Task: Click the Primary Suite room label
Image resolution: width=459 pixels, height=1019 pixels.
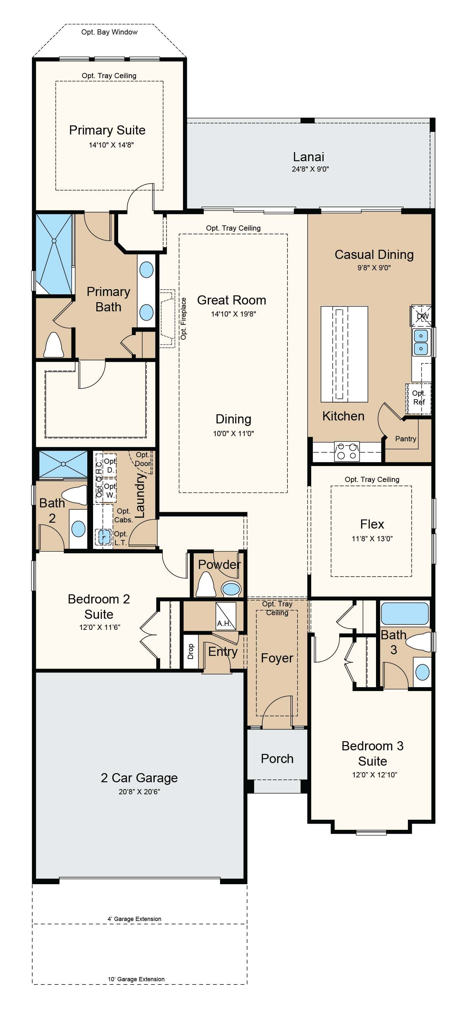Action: pos(107,130)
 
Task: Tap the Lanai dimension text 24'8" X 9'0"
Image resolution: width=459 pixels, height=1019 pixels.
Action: pos(310,169)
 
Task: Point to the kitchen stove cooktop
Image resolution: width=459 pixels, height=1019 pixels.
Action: pos(347,451)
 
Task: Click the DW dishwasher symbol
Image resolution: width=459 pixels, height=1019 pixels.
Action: pos(422,316)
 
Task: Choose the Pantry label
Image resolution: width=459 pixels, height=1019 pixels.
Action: pos(406,438)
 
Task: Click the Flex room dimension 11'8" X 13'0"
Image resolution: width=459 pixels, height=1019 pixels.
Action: pos(372,538)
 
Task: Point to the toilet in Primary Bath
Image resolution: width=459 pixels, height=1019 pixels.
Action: pos(53,345)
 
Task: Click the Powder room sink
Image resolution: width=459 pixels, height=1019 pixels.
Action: pos(231,588)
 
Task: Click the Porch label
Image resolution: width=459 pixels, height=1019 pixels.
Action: pos(277,758)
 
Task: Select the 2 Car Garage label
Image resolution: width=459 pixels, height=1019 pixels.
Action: pos(139,778)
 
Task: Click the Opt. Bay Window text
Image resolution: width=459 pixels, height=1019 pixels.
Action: pos(109,32)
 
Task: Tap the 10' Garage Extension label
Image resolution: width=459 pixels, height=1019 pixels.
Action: pos(136,979)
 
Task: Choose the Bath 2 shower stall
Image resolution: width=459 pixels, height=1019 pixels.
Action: pos(63,464)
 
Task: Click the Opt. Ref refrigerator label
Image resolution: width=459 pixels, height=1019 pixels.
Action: pos(419,397)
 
